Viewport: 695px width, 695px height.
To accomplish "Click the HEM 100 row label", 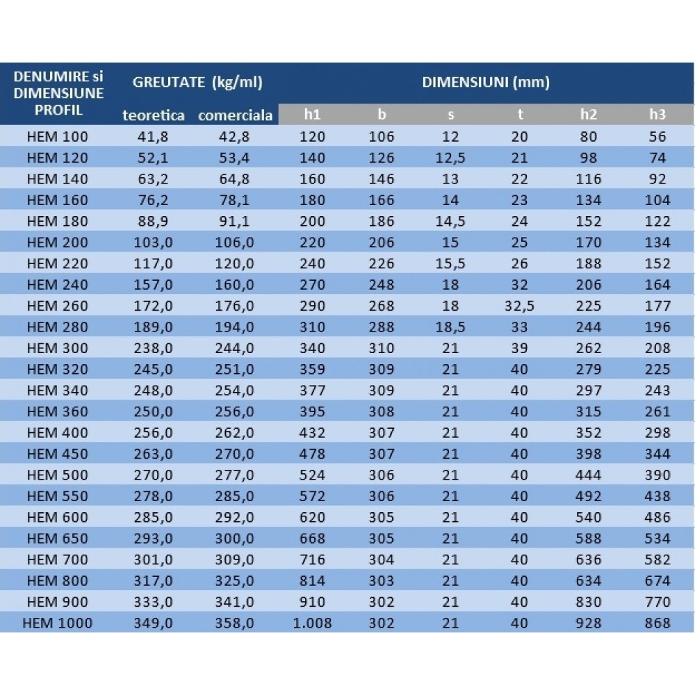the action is pos(58,136).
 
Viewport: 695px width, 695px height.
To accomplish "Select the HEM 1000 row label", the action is pos(58,623).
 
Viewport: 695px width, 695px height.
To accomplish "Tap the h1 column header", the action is pos(313,115).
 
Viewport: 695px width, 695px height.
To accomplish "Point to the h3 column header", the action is pos(657,115).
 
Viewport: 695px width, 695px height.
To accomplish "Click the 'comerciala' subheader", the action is pos(235,115).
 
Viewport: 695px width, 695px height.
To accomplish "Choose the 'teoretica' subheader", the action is pos(154,115).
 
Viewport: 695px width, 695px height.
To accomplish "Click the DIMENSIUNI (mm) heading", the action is pos(486,83).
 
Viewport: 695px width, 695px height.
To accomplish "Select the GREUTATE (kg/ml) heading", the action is pos(197,83).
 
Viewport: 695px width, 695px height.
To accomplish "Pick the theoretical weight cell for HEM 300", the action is pos(154,348).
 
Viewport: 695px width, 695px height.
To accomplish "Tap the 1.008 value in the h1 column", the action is pos(313,623).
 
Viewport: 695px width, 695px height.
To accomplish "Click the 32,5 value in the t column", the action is pos(519,306).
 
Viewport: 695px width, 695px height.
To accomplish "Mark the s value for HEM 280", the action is pos(450,327).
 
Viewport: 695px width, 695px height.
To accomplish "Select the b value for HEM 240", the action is pos(382,284).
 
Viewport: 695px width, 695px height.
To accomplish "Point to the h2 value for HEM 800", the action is pos(589,580).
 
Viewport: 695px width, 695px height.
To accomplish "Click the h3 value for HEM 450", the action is pos(657,454).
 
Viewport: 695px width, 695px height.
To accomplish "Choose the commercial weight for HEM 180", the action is pos(234,221).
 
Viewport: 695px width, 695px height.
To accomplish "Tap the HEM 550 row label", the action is pos(58,496).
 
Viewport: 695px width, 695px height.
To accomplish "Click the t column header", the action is pos(520,115).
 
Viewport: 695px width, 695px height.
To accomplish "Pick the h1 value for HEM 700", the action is pos(313,559).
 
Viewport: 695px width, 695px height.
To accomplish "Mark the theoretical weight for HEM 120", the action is pos(154,158).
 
